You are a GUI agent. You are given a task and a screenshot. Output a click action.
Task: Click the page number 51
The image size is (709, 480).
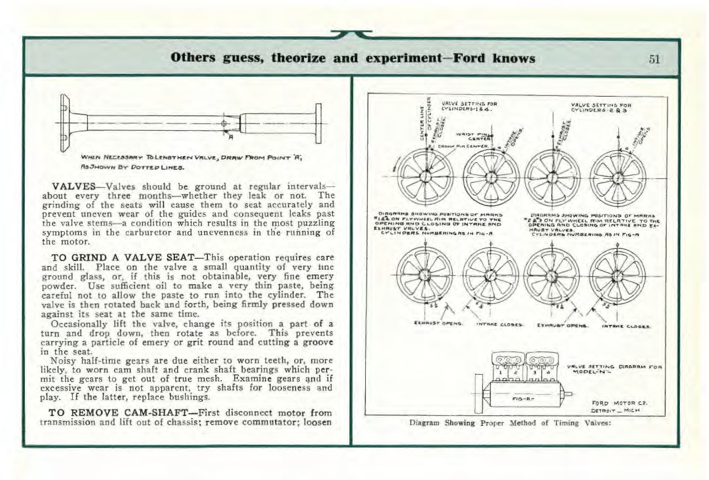[x=654, y=58]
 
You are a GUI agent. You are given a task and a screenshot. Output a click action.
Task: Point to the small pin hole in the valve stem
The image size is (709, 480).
[x=223, y=122]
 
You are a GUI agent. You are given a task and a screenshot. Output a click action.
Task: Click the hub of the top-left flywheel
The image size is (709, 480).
[x=424, y=177]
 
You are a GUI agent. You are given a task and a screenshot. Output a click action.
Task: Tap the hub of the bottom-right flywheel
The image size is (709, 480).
[x=618, y=275]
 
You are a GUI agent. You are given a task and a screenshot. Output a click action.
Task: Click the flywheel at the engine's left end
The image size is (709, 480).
[x=478, y=392]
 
